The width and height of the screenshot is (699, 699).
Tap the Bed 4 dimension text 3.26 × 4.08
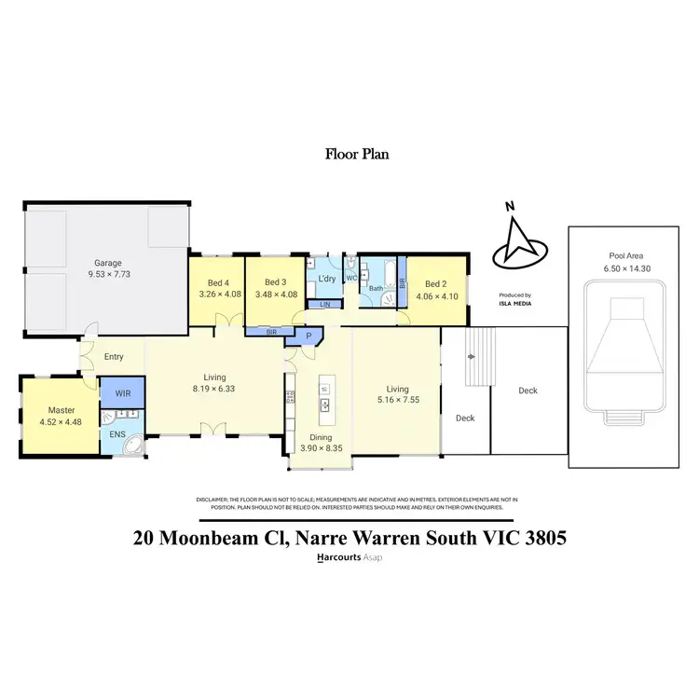pyautogui.click(x=219, y=295)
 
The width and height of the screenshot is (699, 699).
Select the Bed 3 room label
pyautogui.click(x=275, y=282)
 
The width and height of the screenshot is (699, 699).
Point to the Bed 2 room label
pyautogui.click(x=436, y=284)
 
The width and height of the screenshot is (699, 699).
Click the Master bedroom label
pyautogui.click(x=61, y=410)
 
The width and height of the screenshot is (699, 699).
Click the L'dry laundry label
pyautogui.click(x=326, y=280)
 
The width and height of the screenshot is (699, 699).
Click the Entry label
pyautogui.click(x=114, y=357)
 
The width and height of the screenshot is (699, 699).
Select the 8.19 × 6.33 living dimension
pyautogui.click(x=213, y=389)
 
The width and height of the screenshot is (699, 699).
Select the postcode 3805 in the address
pyautogui.click(x=540, y=538)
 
